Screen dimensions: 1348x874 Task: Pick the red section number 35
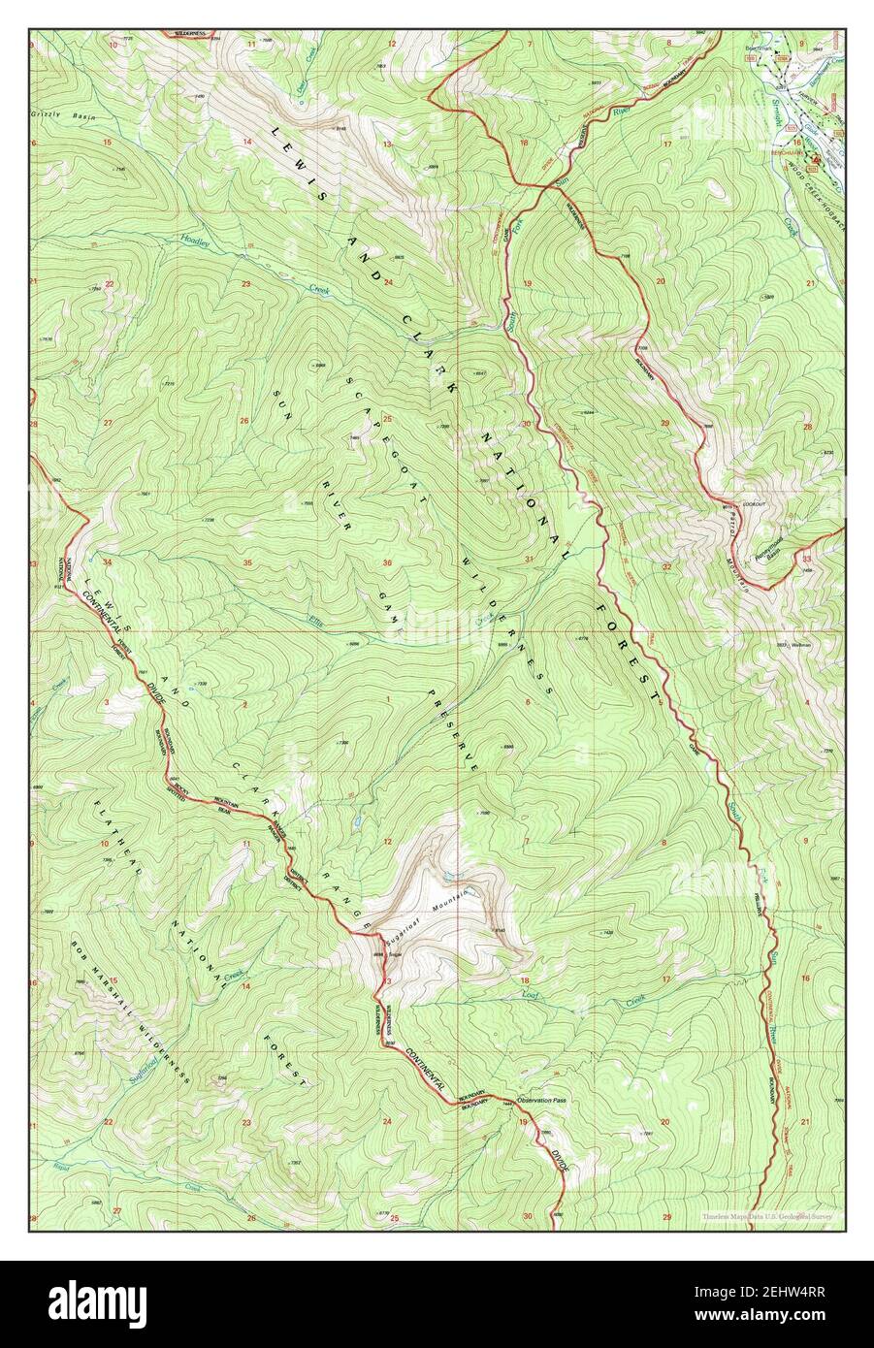tap(247, 563)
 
